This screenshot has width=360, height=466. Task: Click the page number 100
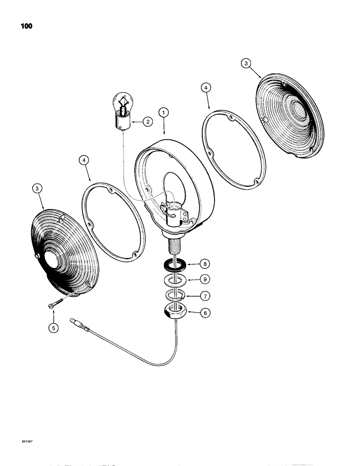tap(26, 26)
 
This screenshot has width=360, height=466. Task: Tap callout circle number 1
tap(163, 112)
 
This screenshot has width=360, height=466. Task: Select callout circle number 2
tap(147, 122)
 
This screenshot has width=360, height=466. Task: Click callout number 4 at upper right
tap(207, 87)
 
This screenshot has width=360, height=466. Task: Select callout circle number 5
tap(54, 328)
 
